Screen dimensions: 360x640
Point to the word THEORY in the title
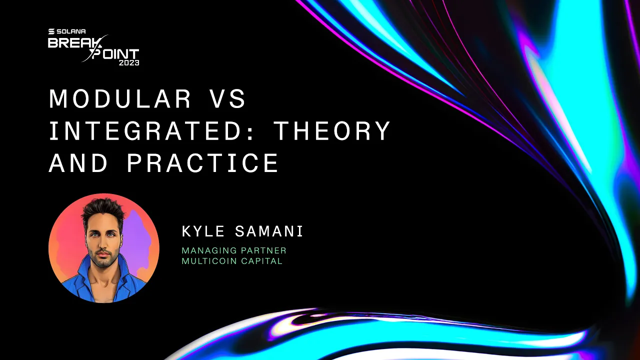point(332,131)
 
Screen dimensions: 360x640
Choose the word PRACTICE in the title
point(203,163)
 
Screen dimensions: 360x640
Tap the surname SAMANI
point(269,231)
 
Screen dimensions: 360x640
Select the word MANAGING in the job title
point(205,250)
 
